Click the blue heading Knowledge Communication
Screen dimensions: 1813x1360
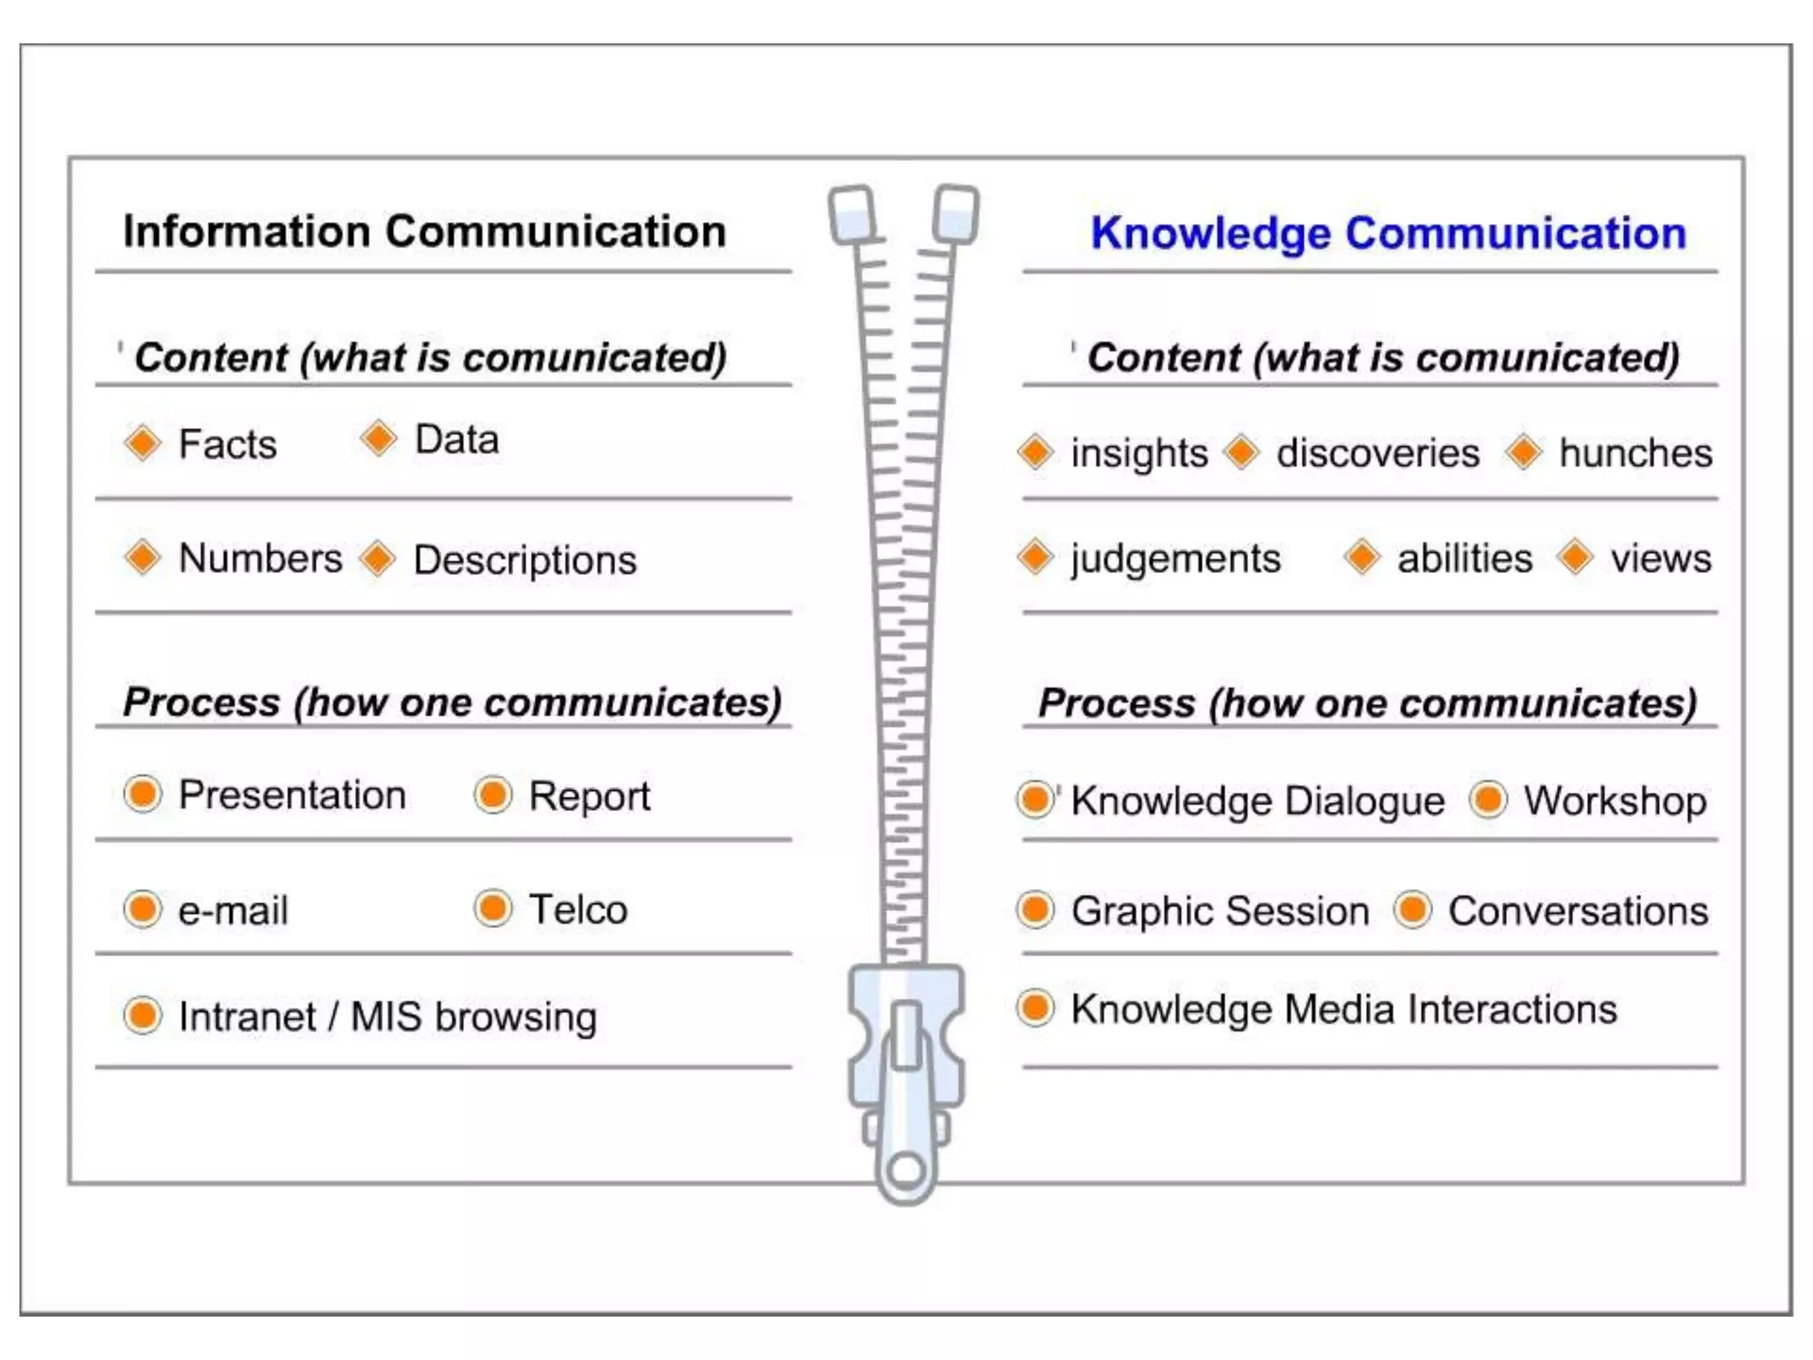pos(1388,234)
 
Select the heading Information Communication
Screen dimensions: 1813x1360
pos(424,232)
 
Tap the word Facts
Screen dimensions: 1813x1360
pos(228,444)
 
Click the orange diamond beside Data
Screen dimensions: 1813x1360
pos(379,438)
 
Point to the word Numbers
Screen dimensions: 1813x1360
pos(260,559)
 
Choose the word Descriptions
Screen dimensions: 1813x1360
pos(525,560)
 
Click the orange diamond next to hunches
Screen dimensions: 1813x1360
pos(1524,452)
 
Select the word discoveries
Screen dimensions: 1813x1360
pos(1377,453)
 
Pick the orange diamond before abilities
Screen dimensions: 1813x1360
pos(1362,558)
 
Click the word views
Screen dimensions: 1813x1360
pos(1661,559)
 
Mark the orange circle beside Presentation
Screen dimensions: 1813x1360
pos(143,794)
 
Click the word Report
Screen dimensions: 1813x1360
pos(589,796)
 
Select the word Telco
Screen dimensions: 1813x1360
pos(578,909)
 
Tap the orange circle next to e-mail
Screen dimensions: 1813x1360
pos(143,909)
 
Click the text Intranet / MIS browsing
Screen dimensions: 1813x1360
pos(388,1016)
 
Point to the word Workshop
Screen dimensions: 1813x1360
pos(1615,800)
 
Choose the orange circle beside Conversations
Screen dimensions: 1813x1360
pos(1413,910)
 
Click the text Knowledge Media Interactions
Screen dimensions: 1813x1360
pos(1344,1009)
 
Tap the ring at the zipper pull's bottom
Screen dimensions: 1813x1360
pos(906,1171)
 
